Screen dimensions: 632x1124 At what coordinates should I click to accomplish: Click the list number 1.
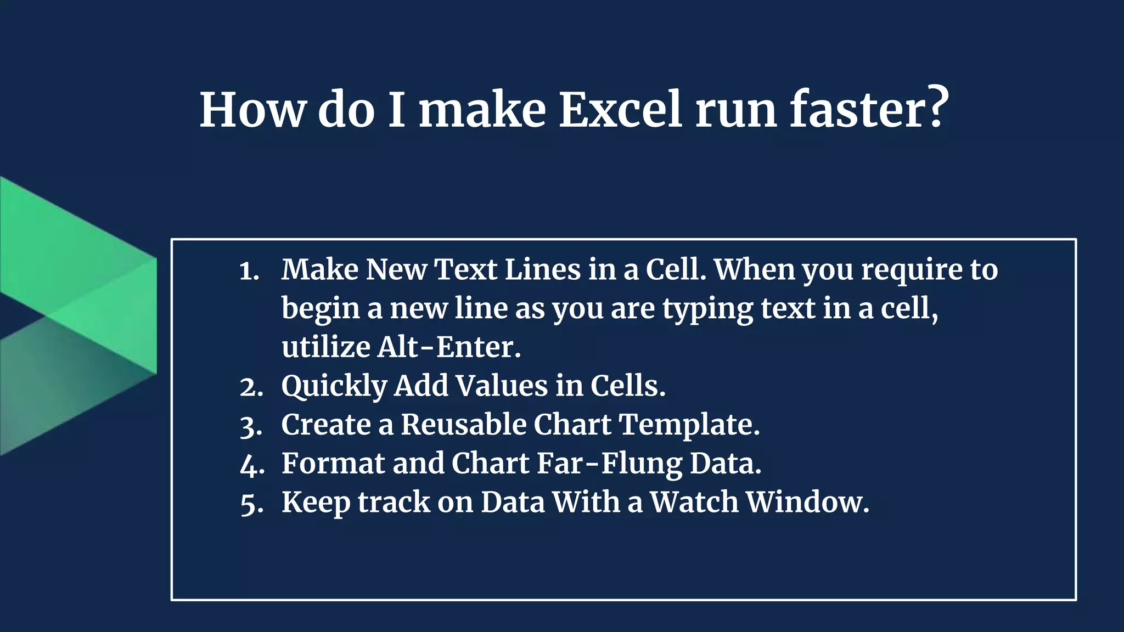tap(249, 271)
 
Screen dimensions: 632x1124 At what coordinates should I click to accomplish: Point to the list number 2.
tap(251, 387)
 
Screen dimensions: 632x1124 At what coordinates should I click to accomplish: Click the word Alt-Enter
tap(448, 347)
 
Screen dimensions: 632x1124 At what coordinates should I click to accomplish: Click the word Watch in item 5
tap(694, 502)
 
